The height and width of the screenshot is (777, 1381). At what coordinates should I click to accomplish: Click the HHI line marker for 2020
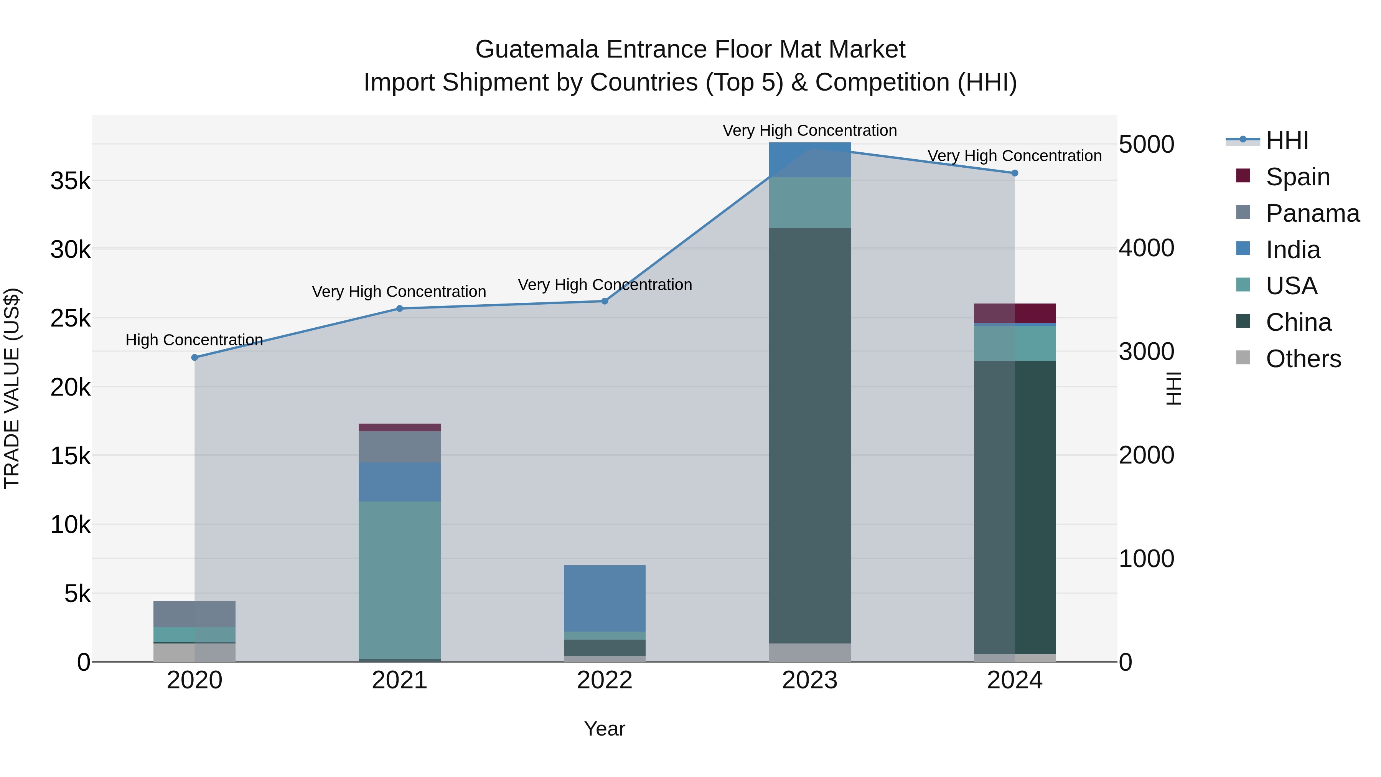(194, 357)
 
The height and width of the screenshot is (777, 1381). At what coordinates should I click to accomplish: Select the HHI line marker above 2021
(399, 308)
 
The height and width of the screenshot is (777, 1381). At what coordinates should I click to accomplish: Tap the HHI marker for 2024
(1014, 173)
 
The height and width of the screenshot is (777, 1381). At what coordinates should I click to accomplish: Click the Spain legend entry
(1297, 177)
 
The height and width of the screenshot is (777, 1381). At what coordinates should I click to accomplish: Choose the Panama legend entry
(1312, 213)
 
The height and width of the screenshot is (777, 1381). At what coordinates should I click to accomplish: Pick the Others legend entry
(1303, 358)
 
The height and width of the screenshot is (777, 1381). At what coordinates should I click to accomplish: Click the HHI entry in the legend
(1287, 140)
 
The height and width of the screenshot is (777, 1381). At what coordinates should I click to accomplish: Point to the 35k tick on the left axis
(71, 181)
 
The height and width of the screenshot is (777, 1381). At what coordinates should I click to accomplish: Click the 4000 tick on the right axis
(1146, 248)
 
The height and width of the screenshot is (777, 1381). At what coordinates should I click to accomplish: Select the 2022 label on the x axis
(604, 680)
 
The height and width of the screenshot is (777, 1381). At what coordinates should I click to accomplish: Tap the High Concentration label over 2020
(194, 340)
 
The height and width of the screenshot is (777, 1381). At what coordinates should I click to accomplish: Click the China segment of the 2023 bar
(809, 434)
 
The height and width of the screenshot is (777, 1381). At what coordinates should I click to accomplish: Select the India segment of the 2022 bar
(604, 598)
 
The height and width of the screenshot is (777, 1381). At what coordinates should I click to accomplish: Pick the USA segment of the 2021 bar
(399, 579)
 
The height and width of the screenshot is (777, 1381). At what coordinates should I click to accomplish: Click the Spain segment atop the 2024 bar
(1014, 313)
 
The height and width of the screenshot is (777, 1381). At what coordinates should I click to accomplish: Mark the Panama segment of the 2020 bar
(194, 614)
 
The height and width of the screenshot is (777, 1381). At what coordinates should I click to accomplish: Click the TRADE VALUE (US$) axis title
(12, 388)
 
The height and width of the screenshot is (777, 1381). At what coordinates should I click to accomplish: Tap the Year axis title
(604, 729)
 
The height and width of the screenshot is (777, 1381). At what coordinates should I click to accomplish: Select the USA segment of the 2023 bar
(809, 202)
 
